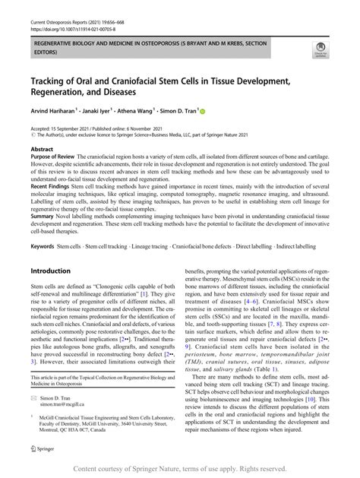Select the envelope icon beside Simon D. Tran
point(34,419)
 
